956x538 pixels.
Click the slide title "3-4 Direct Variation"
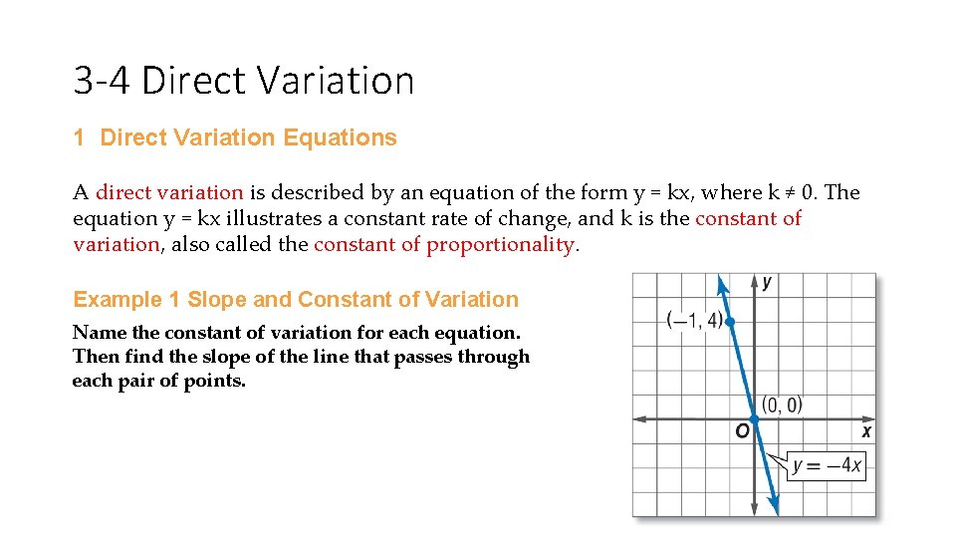coord(243,80)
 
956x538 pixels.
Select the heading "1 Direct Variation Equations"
coord(235,138)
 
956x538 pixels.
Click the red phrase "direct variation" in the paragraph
coord(169,192)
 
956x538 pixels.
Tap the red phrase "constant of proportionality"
coord(444,244)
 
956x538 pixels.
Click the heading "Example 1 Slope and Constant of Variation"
coord(296,300)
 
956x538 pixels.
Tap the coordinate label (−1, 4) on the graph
coord(693,320)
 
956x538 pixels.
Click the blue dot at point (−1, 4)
coord(730,322)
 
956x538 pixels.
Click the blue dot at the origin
coord(754,419)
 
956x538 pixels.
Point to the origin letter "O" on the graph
coord(742,431)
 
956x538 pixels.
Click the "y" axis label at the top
coord(767,283)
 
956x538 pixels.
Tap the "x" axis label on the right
coord(866,431)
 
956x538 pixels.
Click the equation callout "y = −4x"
coord(828,465)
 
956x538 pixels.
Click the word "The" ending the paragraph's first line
coord(842,192)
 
